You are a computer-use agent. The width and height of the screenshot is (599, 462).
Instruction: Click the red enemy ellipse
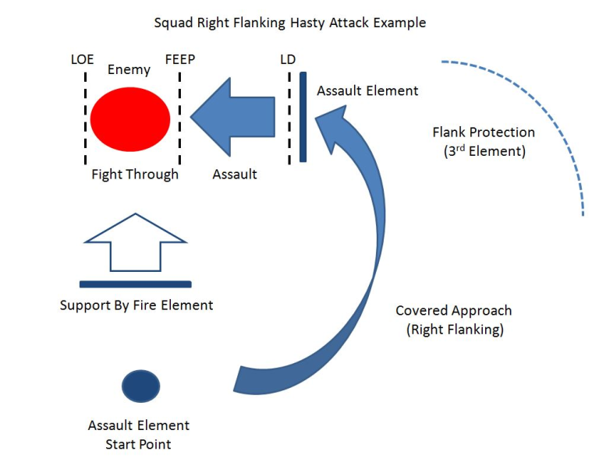click(x=130, y=119)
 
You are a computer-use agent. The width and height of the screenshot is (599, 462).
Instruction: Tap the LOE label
click(x=82, y=59)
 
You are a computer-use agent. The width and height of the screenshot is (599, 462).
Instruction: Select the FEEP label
click(x=180, y=59)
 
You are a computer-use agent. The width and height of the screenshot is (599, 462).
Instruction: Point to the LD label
click(x=288, y=59)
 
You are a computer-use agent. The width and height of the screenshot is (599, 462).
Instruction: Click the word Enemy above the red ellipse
click(x=129, y=69)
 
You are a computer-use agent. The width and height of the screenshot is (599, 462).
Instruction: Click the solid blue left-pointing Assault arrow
click(x=232, y=117)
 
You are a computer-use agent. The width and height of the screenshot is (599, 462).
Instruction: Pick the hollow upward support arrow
click(x=135, y=242)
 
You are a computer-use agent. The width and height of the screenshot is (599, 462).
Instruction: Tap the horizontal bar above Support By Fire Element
click(x=135, y=284)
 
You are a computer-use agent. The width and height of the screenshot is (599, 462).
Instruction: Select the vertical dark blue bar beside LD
click(x=303, y=117)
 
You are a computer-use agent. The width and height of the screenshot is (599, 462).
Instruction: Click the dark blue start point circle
click(x=140, y=386)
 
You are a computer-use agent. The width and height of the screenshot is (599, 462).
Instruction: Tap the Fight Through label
click(x=135, y=175)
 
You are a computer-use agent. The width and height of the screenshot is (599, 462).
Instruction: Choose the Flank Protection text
click(x=484, y=132)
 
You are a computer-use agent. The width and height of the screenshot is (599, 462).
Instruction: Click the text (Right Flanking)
click(x=455, y=330)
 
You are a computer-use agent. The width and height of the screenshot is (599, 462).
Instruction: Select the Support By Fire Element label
click(x=136, y=305)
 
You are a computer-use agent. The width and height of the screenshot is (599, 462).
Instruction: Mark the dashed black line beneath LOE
click(x=85, y=118)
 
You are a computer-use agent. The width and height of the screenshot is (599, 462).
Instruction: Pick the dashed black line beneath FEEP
click(x=179, y=118)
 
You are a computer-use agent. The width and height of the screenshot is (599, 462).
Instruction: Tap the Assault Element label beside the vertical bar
click(x=367, y=91)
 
